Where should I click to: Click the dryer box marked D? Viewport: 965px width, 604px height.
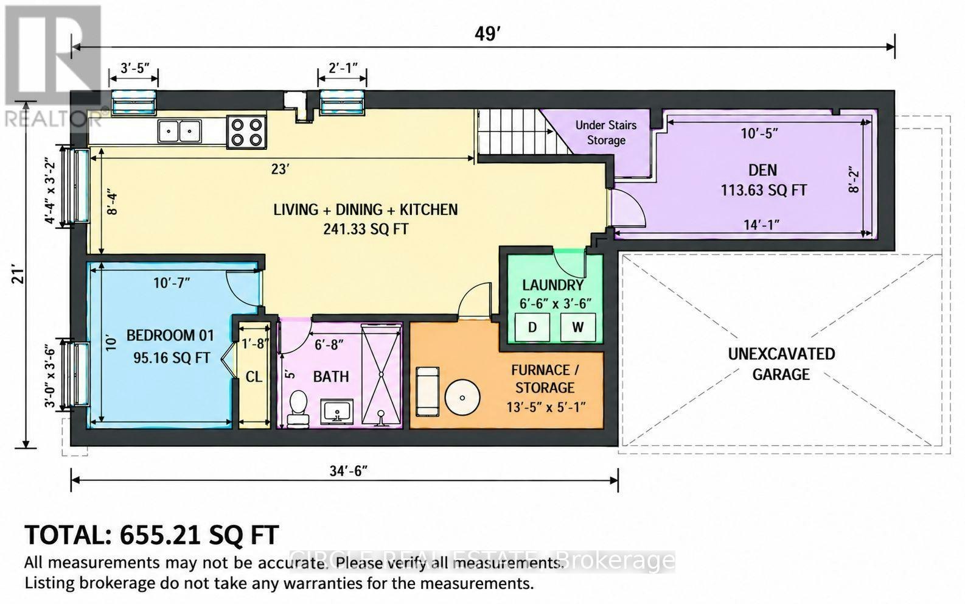coord(532,327)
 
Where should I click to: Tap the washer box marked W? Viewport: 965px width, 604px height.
coord(577,327)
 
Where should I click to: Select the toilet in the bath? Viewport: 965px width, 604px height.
coord(298,409)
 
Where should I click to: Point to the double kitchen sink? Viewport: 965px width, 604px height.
coord(179,131)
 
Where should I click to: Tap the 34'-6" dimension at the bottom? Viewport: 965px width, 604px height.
coord(349,471)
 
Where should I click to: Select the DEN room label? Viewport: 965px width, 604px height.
coord(762,170)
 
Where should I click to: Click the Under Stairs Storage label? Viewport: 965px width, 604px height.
coord(606,132)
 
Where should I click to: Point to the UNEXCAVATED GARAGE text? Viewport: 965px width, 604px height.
coord(781,364)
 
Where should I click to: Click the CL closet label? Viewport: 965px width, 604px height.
coord(254,377)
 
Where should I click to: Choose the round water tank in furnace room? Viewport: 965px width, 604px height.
coord(462,397)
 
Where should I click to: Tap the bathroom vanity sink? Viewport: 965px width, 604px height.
coord(337,410)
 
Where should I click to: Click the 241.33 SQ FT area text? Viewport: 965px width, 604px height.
coord(366,229)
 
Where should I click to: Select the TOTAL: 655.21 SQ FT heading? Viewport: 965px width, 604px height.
coord(152,535)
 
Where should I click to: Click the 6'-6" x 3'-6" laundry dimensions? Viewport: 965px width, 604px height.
coord(556,304)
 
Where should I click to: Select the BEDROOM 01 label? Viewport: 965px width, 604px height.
coord(170,335)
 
